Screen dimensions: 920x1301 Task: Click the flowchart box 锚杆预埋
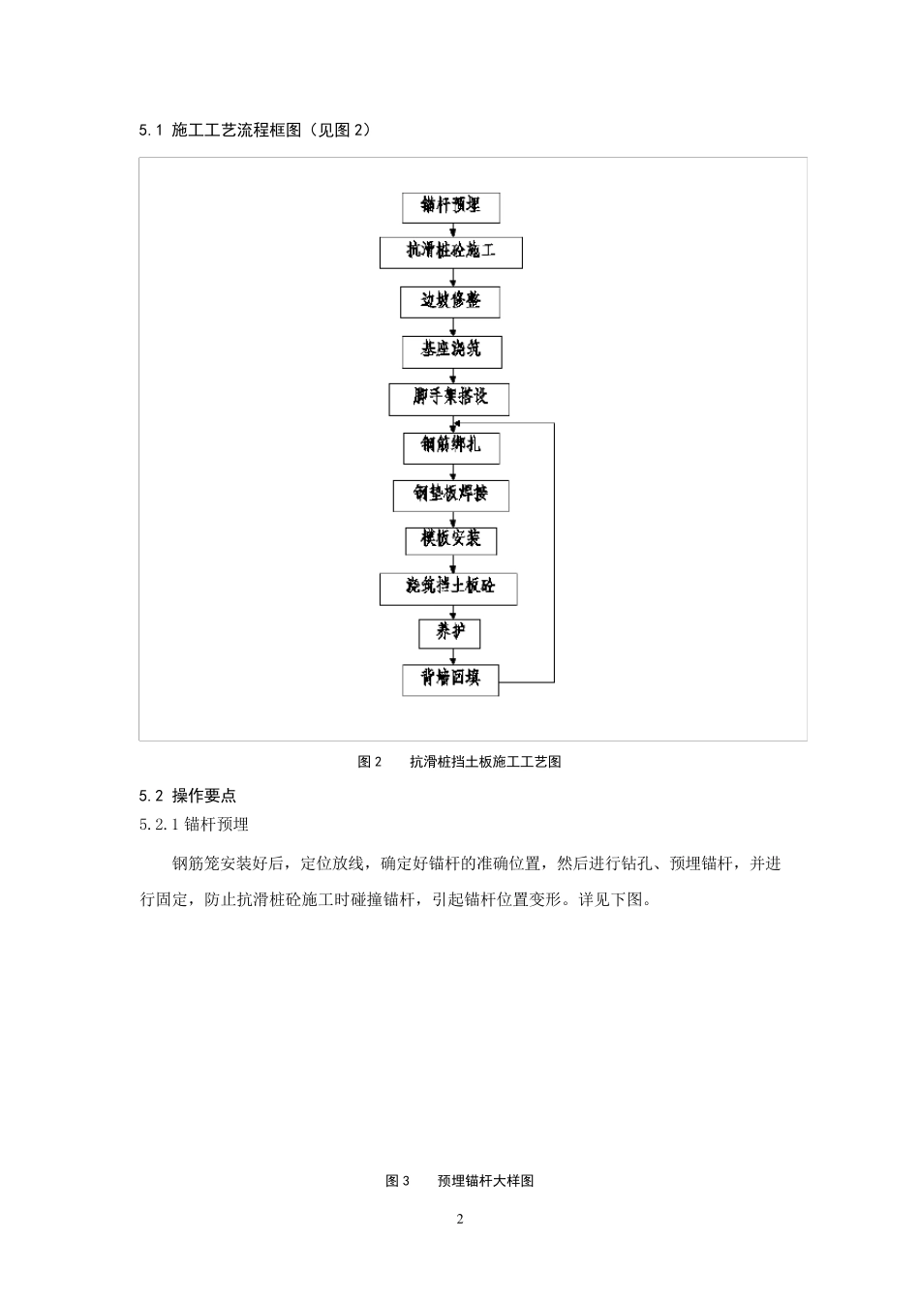(450, 206)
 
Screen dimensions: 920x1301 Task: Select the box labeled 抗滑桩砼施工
(450, 252)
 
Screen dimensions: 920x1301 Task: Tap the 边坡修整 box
(450, 301)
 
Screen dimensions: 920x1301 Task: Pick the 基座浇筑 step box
(451, 350)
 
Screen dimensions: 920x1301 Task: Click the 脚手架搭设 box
(448, 399)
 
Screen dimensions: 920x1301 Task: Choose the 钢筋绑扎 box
(451, 446)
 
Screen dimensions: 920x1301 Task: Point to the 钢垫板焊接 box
(450, 495)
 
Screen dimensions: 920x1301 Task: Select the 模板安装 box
(450, 540)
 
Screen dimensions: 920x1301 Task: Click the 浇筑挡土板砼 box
(447, 588)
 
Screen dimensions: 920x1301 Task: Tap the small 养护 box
(449, 634)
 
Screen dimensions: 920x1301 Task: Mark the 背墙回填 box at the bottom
(450, 680)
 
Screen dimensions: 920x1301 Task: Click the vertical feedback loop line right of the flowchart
(555, 552)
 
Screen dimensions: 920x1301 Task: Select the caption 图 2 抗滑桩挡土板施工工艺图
(459, 762)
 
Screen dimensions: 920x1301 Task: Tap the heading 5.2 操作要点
(188, 796)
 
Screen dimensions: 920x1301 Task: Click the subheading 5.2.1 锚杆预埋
(195, 825)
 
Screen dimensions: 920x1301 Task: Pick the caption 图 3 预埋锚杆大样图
(459, 1181)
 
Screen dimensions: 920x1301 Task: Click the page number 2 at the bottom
(460, 1219)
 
